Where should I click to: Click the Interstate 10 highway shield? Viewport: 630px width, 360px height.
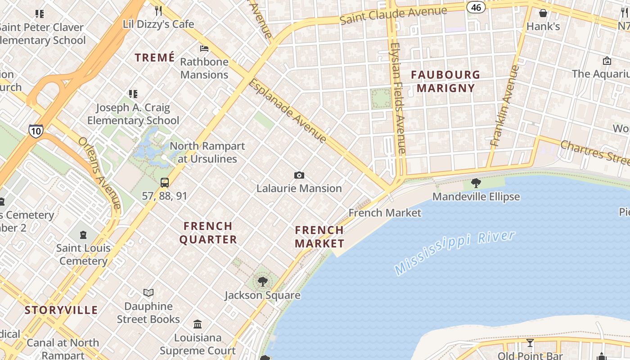tap(36, 130)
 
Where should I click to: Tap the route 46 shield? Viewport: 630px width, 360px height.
tap(476, 7)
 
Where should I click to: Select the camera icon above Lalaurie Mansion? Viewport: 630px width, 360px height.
tap(299, 175)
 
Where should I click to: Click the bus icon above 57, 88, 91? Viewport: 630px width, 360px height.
tap(165, 182)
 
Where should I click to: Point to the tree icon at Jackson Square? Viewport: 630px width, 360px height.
tap(263, 282)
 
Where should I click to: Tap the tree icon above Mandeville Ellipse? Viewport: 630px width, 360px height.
tap(476, 183)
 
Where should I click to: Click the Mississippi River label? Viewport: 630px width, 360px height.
tap(454, 252)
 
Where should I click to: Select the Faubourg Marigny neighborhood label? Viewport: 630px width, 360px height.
tap(445, 81)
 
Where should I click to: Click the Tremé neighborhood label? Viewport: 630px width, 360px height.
tap(155, 58)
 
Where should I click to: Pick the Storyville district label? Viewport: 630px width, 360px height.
tap(61, 310)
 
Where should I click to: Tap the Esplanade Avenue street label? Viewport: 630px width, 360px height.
tap(287, 111)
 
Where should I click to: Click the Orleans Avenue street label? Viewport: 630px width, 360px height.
tap(99, 173)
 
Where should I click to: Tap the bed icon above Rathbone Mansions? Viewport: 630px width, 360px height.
tap(204, 49)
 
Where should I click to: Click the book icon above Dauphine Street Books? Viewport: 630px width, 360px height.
tap(148, 293)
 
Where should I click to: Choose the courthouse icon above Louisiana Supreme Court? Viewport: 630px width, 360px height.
tap(198, 324)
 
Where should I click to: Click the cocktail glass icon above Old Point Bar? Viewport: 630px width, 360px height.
tap(530, 343)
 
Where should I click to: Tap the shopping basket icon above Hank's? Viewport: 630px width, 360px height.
tap(543, 13)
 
